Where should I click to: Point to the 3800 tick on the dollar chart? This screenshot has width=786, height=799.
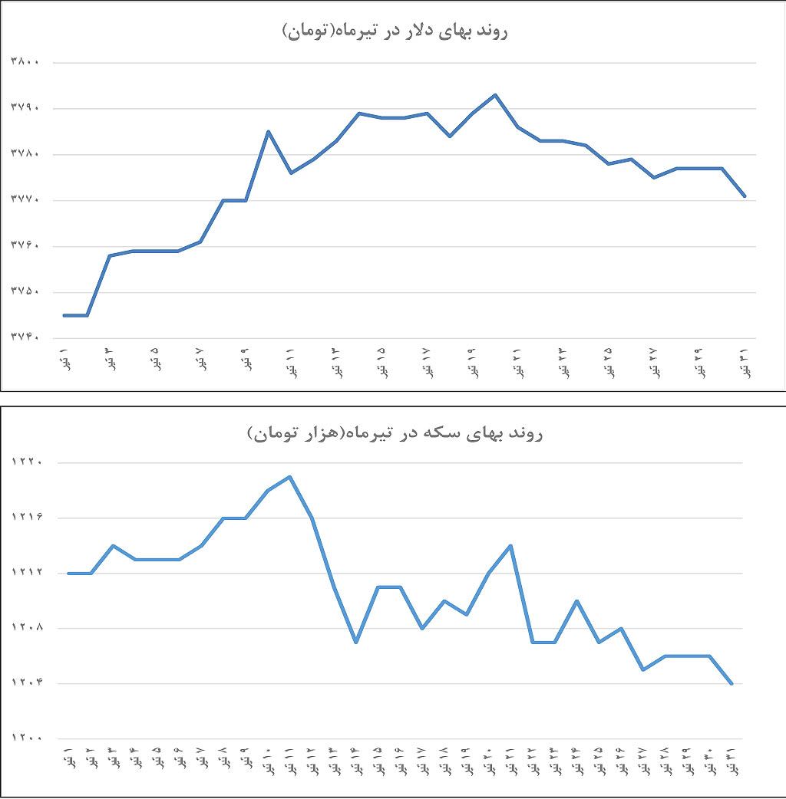pyautogui.click(x=25, y=62)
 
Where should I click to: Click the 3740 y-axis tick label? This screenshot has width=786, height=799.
pyautogui.click(x=25, y=338)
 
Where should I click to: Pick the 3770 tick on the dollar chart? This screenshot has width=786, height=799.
pyautogui.click(x=25, y=200)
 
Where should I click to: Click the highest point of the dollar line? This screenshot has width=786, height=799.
pyautogui.click(x=495, y=95)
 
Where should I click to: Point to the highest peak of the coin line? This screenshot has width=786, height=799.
pyautogui.click(x=289, y=477)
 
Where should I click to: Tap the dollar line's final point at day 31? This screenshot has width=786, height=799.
pyautogui.click(x=745, y=196)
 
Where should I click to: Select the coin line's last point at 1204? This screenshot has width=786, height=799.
pyautogui.click(x=732, y=683)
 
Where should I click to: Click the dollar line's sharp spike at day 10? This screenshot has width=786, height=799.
pyautogui.click(x=268, y=131)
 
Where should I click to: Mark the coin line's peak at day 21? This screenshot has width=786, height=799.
pyautogui.click(x=510, y=546)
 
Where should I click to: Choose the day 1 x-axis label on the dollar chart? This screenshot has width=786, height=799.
pyautogui.click(x=64, y=360)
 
